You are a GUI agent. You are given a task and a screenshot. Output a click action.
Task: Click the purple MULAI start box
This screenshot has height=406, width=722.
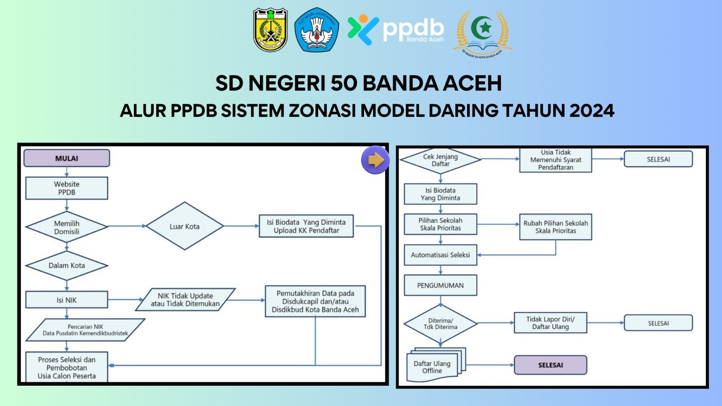coord(67,158)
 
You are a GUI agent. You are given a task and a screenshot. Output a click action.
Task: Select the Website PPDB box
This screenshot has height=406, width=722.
coord(67,188)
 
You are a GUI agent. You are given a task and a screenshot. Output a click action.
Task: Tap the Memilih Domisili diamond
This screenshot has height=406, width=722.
coord(67,227)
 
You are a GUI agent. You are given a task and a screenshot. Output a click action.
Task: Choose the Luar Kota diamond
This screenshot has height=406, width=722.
coord(185,226)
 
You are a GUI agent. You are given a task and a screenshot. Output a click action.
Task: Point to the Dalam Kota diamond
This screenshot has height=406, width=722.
coord(67,265)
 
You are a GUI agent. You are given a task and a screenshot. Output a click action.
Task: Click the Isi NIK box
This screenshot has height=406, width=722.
coord(67,300)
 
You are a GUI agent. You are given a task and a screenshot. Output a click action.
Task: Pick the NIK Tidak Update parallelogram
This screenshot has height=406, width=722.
coord(185,300)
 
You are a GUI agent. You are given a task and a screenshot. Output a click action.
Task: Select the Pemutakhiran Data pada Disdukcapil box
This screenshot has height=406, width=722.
coord(315,301)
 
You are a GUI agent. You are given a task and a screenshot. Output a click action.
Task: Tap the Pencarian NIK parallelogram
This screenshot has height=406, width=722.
coord(85,330)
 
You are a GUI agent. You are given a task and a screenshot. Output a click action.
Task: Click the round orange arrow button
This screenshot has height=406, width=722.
coord(375,160)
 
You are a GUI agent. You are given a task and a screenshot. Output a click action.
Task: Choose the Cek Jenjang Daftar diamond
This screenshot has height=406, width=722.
coord(440,160)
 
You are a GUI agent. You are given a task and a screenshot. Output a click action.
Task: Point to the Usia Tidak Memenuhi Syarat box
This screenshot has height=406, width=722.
coord(555,160)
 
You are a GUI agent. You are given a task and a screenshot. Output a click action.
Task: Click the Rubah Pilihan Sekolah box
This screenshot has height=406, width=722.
coord(555,227)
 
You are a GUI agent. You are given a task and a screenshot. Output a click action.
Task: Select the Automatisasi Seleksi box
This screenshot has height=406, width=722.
coord(440,255)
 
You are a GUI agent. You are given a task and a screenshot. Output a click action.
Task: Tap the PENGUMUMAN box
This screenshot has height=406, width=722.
coord(440,286)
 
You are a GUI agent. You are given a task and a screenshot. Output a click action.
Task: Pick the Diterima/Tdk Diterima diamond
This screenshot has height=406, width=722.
coord(440,323)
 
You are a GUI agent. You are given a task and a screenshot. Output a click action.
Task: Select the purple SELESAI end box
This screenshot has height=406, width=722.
coord(551,365)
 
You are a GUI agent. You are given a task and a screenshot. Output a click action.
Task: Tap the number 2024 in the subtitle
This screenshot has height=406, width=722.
coord(592,111)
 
